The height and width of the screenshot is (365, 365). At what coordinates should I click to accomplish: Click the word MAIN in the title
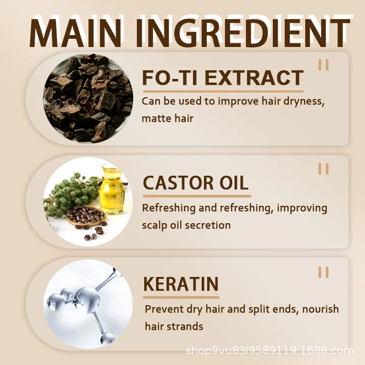pyautogui.click(x=75, y=33)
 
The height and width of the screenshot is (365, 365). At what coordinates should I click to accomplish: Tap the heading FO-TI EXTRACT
pyautogui.click(x=223, y=78)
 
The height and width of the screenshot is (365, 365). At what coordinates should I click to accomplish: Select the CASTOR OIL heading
pyautogui.click(x=196, y=183)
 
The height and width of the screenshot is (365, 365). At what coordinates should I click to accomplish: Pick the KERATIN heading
pyautogui.click(x=181, y=284)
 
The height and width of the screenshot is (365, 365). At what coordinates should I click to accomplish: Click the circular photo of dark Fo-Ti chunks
pyautogui.click(x=88, y=98)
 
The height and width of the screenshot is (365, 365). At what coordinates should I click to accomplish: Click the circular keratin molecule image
pyautogui.click(x=88, y=304)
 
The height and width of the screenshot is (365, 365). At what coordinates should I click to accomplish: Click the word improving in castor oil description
pyautogui.click(x=302, y=209)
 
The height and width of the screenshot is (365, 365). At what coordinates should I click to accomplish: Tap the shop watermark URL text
pyautogui.click(x=270, y=350)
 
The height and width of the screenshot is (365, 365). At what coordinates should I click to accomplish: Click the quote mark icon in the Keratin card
pyautogui.click(x=323, y=272)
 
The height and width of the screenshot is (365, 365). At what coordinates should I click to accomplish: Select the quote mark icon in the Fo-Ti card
pyautogui.click(x=323, y=65)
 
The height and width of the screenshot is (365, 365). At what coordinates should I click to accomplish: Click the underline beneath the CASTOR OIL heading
pyautogui.click(x=197, y=196)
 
